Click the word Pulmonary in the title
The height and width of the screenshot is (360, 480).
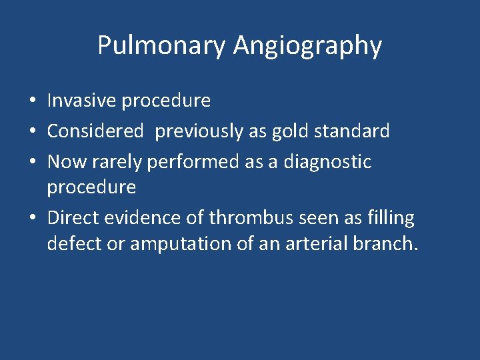(x=162, y=46)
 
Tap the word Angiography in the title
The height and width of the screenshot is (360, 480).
(x=307, y=46)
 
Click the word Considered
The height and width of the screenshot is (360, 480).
(x=95, y=131)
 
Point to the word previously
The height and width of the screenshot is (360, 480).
(x=201, y=131)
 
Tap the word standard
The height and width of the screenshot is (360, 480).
(x=351, y=131)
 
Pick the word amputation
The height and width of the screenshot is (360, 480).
(x=174, y=244)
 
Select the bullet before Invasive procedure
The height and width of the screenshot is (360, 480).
(x=32, y=101)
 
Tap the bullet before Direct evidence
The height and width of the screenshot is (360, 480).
(x=32, y=219)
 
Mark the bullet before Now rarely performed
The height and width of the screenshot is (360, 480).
(x=32, y=162)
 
